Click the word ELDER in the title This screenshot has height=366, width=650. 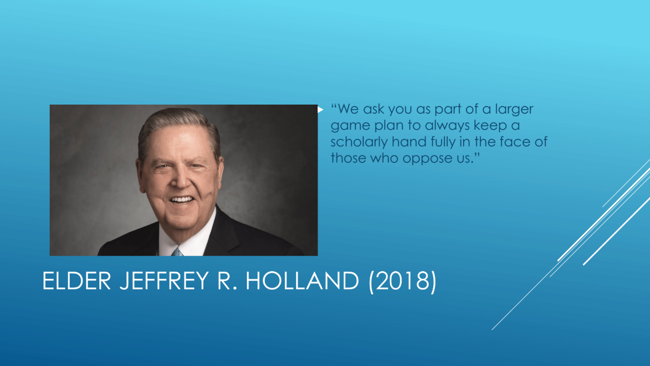tap(77, 280)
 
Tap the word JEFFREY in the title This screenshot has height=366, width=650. tap(164, 280)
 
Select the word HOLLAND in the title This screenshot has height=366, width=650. tap(302, 280)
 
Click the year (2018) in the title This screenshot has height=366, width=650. tap(403, 282)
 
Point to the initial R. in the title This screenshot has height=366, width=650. tap(227, 280)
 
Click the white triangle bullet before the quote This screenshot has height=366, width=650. tap(320, 110)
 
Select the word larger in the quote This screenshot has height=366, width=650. tap(514, 110)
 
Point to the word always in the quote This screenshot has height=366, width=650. tap(447, 126)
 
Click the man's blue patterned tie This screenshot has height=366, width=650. tap(177, 252)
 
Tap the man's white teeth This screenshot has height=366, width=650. tap(181, 199)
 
